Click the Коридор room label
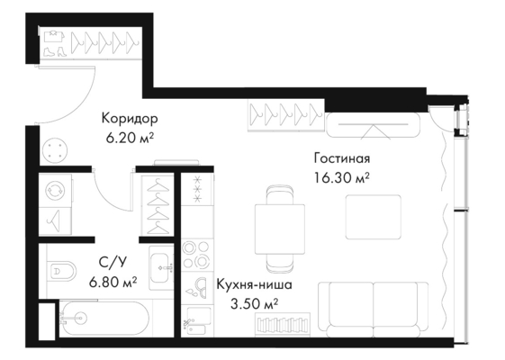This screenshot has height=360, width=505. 130,119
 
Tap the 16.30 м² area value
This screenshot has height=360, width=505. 342,177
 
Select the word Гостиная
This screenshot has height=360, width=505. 342,158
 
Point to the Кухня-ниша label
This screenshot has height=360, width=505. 254,284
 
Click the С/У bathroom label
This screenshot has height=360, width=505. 113,263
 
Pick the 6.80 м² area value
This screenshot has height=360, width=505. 113,282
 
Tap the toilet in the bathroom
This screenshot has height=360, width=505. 63,270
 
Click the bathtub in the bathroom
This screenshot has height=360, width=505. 104,319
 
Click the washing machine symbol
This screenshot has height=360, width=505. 55,191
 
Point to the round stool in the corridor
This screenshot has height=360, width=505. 55,150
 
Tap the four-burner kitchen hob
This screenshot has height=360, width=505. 196,255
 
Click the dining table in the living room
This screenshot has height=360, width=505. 280,229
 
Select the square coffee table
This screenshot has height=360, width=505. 374,217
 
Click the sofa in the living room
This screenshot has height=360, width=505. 374,309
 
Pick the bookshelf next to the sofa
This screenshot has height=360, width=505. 283,324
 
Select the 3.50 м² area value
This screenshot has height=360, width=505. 254,303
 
